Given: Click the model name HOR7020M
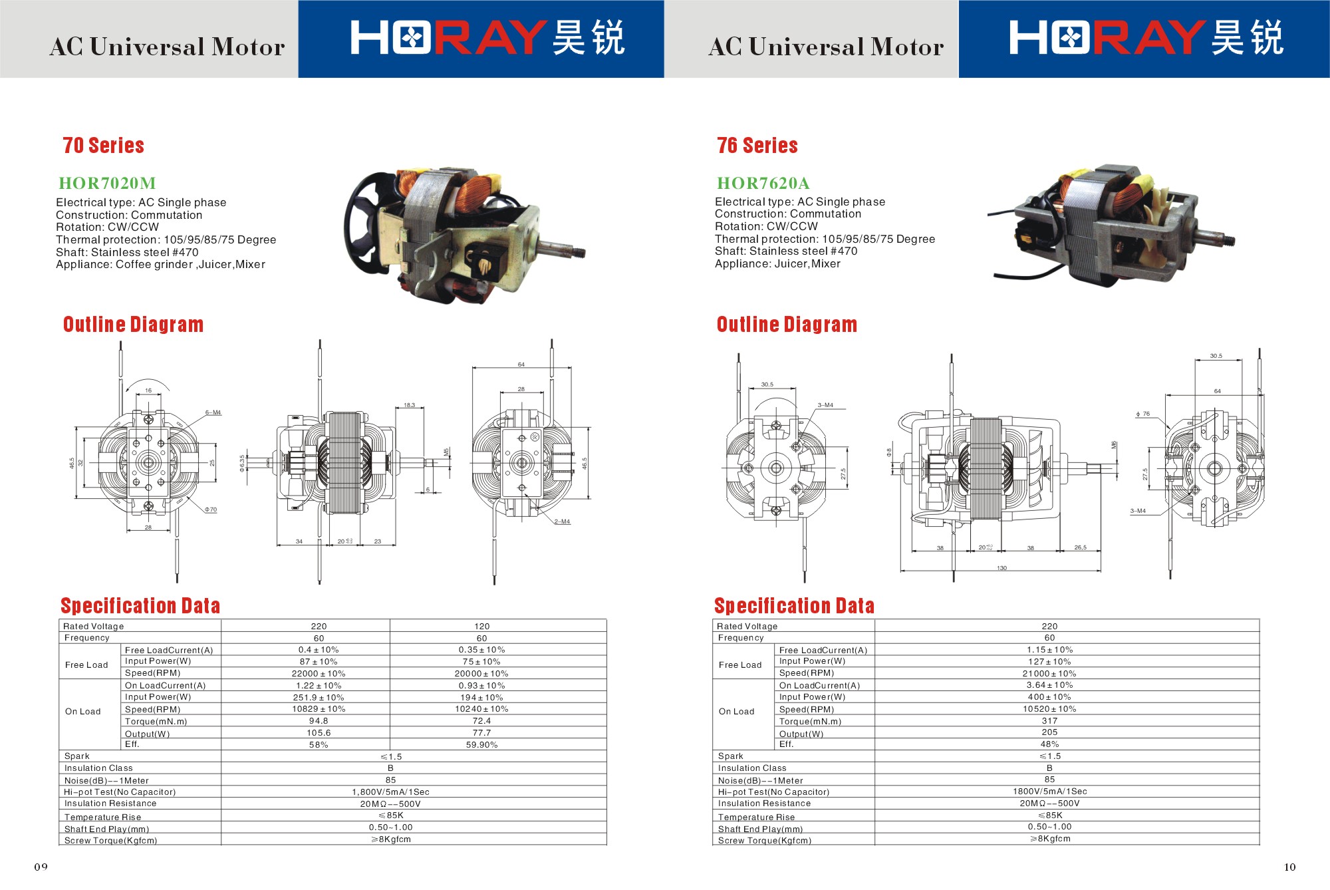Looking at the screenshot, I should (x=107, y=183).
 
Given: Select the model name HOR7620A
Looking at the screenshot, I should (x=763, y=183).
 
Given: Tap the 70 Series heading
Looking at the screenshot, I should (x=103, y=146).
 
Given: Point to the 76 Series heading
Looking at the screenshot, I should (x=757, y=146).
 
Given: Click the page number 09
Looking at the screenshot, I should (x=41, y=867).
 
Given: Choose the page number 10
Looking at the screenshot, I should (x=1289, y=867).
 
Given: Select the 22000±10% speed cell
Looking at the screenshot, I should (x=319, y=674).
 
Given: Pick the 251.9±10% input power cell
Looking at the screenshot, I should (x=319, y=698).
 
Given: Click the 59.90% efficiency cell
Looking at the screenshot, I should (x=481, y=745).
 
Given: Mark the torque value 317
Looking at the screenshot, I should (x=1049, y=721).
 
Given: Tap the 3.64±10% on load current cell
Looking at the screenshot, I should (x=1049, y=685).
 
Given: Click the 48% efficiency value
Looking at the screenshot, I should (x=1049, y=744).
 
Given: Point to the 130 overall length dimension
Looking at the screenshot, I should (x=1001, y=568).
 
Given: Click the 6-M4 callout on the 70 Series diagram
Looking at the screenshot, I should (x=213, y=412).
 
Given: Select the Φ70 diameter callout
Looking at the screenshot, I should (x=211, y=510).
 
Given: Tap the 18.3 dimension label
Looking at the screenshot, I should (x=409, y=405).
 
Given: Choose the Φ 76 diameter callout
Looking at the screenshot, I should (x=1142, y=414).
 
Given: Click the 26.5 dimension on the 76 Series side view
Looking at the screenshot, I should (x=1080, y=547).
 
